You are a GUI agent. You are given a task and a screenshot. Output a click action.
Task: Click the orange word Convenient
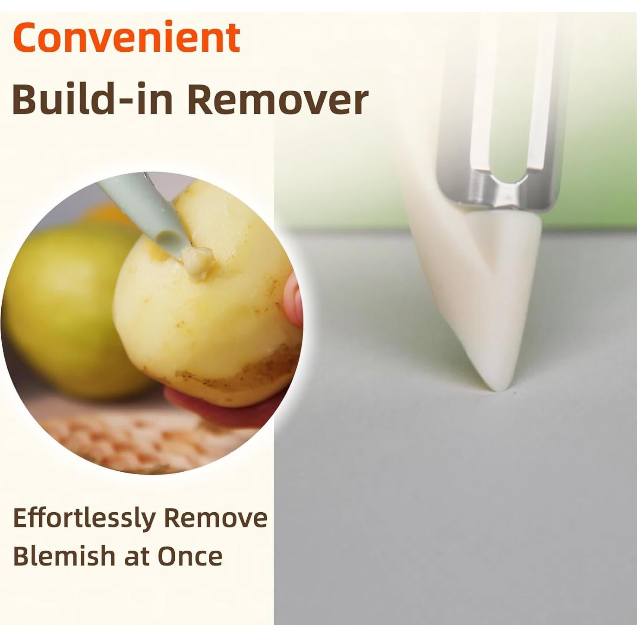click(x=126, y=37)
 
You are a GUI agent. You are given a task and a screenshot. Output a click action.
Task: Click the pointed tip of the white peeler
click(x=501, y=388)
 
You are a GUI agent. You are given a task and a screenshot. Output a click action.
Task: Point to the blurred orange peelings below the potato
click(x=142, y=440)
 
